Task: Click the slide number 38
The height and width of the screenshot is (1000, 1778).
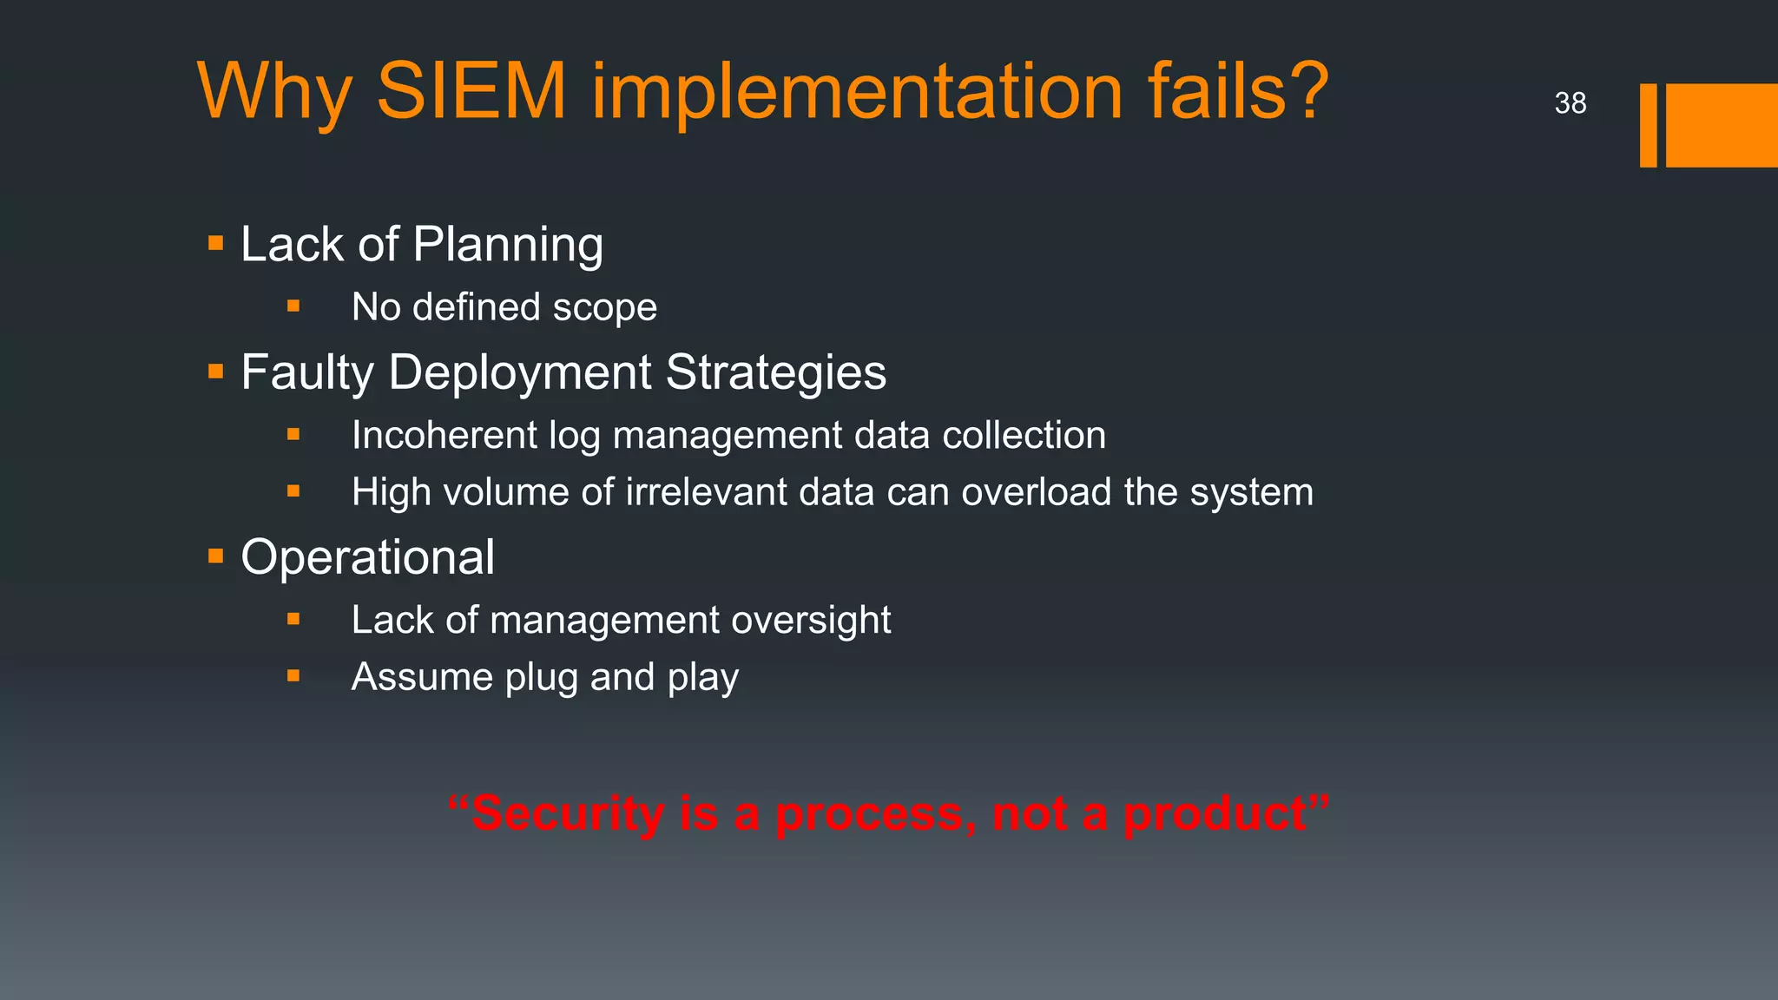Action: tap(1570, 103)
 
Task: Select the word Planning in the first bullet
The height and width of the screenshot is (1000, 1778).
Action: tap(508, 245)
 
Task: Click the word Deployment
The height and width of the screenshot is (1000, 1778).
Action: tap(519, 372)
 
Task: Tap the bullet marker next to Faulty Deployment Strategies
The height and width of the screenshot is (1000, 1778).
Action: tap(216, 372)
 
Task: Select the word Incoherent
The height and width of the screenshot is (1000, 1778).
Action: tap(444, 435)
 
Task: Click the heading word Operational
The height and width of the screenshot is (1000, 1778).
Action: tap(367, 556)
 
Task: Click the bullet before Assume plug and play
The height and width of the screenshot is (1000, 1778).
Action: tap(293, 675)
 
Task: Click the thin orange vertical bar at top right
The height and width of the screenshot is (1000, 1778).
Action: tap(1648, 125)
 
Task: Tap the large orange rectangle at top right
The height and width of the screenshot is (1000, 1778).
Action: tap(1722, 125)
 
